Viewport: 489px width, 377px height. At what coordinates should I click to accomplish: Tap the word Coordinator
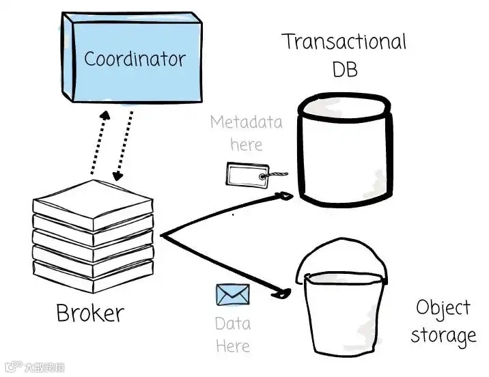[x=134, y=59]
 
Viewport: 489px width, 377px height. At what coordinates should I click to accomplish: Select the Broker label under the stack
[x=89, y=313]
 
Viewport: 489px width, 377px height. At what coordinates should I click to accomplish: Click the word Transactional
[x=344, y=42]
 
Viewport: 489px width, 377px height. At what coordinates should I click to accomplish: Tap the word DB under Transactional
[x=344, y=69]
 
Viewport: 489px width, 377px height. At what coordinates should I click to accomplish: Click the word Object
[x=443, y=309]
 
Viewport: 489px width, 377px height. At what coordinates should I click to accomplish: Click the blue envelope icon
[x=233, y=295]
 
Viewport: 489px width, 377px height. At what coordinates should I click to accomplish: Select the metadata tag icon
[x=246, y=175]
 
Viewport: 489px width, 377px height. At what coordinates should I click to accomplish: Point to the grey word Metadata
[x=246, y=123]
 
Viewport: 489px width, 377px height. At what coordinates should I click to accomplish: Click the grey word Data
[x=232, y=323]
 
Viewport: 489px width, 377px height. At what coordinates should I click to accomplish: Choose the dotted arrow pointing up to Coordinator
[x=97, y=141]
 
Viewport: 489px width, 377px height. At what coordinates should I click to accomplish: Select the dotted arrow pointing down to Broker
[x=123, y=144]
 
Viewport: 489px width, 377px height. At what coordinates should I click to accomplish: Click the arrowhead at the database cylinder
[x=285, y=197]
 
